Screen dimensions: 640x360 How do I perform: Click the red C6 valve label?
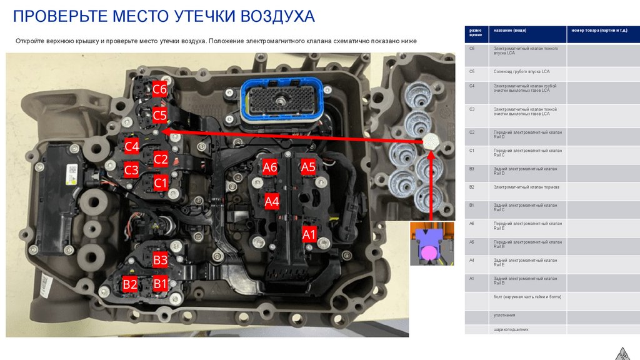[x=159, y=90]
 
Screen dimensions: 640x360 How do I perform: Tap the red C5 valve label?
[x=159, y=115]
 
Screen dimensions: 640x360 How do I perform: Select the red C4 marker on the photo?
[x=131, y=146]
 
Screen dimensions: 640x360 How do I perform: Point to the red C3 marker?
[x=131, y=170]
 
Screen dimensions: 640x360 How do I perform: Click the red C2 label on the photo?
[x=161, y=159]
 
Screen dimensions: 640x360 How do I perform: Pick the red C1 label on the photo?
[x=161, y=184]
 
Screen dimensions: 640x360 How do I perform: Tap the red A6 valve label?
[x=270, y=167]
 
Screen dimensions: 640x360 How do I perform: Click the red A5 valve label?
[x=309, y=167]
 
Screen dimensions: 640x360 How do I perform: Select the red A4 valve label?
[x=272, y=201]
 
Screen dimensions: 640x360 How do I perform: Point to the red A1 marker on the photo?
[x=309, y=234]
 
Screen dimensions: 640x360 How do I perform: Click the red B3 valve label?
[x=161, y=260]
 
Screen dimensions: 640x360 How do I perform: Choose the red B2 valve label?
[x=130, y=284]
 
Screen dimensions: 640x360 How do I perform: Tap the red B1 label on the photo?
[x=161, y=284]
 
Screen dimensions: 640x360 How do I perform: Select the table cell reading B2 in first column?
[x=472, y=187]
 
